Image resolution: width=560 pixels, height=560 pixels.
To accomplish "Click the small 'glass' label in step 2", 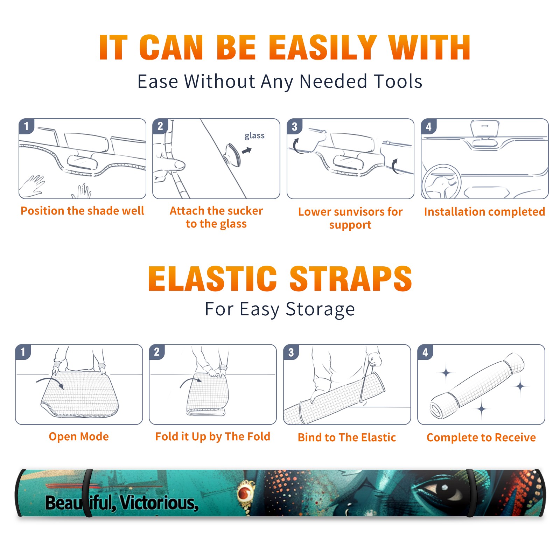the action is [254, 136].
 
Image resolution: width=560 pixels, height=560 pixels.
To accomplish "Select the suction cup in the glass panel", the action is [233, 154].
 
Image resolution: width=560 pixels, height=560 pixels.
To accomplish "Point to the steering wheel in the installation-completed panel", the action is [441, 181].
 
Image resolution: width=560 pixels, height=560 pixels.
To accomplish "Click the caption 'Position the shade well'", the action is [82, 211].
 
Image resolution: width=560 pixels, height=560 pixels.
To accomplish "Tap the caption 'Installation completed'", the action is [484, 212].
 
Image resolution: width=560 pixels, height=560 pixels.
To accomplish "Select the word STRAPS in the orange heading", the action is [351, 279].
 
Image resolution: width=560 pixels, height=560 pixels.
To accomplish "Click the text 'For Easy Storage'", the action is [280, 309].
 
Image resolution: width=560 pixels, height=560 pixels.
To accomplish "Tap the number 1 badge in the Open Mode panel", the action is [23, 352].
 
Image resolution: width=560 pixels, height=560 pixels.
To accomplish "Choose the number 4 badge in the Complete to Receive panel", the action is [425, 352].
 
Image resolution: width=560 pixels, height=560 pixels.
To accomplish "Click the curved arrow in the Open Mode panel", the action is [50, 381].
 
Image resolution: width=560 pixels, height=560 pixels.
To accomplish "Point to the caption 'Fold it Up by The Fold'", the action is [213, 436].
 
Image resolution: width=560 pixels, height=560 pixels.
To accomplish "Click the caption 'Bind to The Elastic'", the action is [347, 437].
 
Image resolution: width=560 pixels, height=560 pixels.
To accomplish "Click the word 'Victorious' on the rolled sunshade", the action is [159, 503].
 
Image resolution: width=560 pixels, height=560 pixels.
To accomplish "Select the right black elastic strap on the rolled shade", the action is [471, 493].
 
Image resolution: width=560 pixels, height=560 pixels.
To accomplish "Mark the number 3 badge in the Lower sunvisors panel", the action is [294, 126].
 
